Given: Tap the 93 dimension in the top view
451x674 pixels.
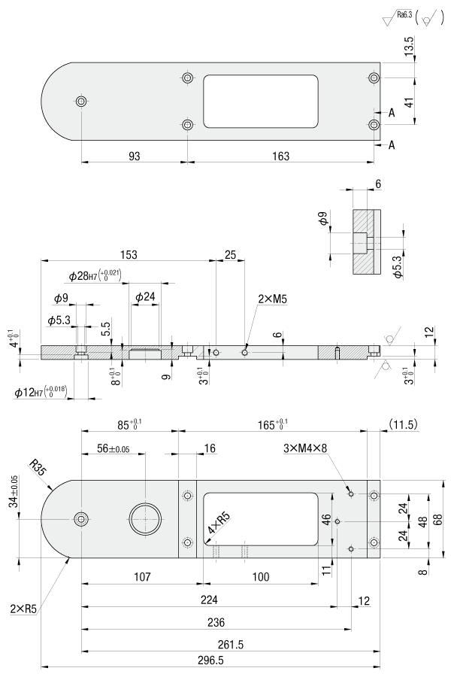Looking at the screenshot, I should tap(134, 156).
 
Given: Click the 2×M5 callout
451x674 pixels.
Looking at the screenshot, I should tap(272, 299).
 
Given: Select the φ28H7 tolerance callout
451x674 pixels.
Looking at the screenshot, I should tap(94, 276).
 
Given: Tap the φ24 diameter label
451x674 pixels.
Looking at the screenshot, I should tap(145, 297).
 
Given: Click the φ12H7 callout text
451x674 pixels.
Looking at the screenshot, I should tap(50, 392).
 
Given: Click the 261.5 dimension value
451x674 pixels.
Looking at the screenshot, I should tap(228, 645).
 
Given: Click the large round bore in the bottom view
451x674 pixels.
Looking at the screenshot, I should tap(144, 518).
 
